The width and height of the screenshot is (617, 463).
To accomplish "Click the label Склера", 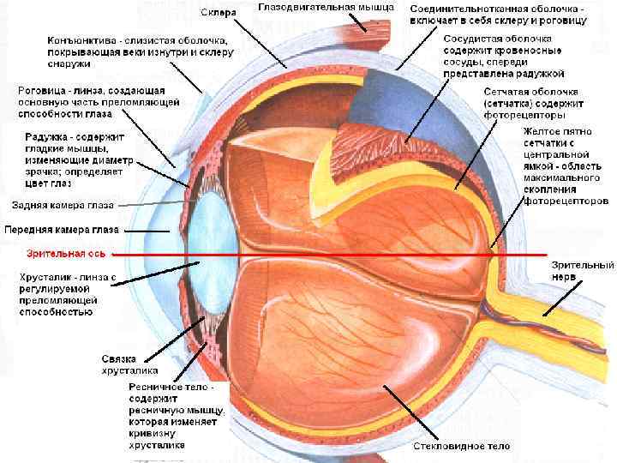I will pos(219,13).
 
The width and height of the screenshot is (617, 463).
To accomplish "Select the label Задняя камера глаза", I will pos(61,205).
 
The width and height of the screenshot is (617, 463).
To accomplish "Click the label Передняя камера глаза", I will pos(62,230).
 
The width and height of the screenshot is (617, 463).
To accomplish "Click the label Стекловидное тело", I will pos(461,447).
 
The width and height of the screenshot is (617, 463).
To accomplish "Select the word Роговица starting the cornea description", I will pos(42,90).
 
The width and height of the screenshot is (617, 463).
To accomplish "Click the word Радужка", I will pos(42,136).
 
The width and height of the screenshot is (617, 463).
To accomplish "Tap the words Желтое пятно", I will pos(556,130).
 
